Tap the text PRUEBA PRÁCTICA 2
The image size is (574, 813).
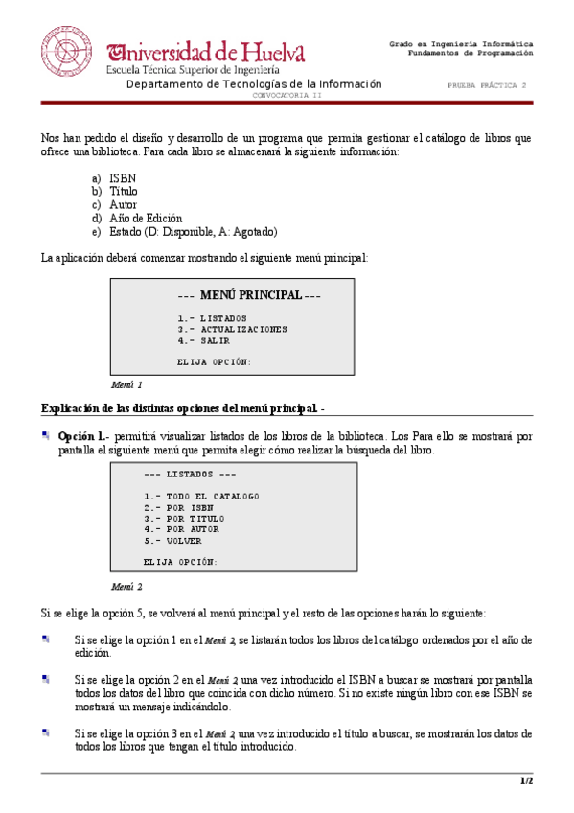click(487, 85)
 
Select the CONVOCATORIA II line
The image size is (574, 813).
click(287, 96)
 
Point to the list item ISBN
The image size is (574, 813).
click(122, 178)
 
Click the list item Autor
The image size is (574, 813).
click(123, 205)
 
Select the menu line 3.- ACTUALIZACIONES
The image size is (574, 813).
click(232, 329)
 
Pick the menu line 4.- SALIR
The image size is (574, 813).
click(203, 340)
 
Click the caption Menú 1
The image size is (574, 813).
click(126, 384)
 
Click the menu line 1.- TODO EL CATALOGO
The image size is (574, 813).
click(201, 496)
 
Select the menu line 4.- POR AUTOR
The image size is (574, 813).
click(181, 528)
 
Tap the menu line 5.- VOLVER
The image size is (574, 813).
click(172, 540)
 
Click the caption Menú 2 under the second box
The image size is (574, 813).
click(126, 586)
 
